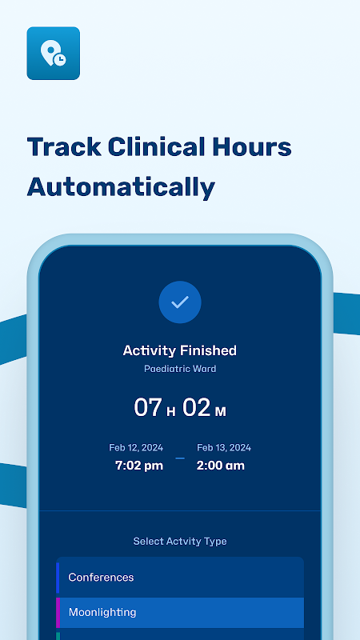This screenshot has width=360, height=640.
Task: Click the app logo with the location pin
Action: click(x=53, y=53)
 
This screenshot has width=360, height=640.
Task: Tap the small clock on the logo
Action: click(x=60, y=59)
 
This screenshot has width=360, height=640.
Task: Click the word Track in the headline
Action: click(x=64, y=146)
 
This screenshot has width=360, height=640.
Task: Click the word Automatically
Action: click(x=121, y=187)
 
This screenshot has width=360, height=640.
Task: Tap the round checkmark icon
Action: click(x=180, y=302)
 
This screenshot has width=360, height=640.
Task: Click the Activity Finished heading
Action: click(x=180, y=350)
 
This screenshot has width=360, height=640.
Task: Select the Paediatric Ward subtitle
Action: click(x=180, y=369)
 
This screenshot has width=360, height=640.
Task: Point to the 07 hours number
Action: click(x=148, y=408)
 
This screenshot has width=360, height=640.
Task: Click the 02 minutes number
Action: click(x=196, y=408)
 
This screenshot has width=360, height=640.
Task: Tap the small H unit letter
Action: click(x=171, y=412)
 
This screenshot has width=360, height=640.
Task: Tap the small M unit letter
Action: click(x=221, y=412)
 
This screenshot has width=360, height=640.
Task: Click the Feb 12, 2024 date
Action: click(x=136, y=448)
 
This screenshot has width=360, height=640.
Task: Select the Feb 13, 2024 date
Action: click(x=224, y=448)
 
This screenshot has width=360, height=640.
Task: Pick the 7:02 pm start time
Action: click(x=139, y=466)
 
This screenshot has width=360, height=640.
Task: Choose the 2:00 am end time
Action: click(x=221, y=466)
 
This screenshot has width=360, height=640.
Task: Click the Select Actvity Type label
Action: click(x=180, y=542)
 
